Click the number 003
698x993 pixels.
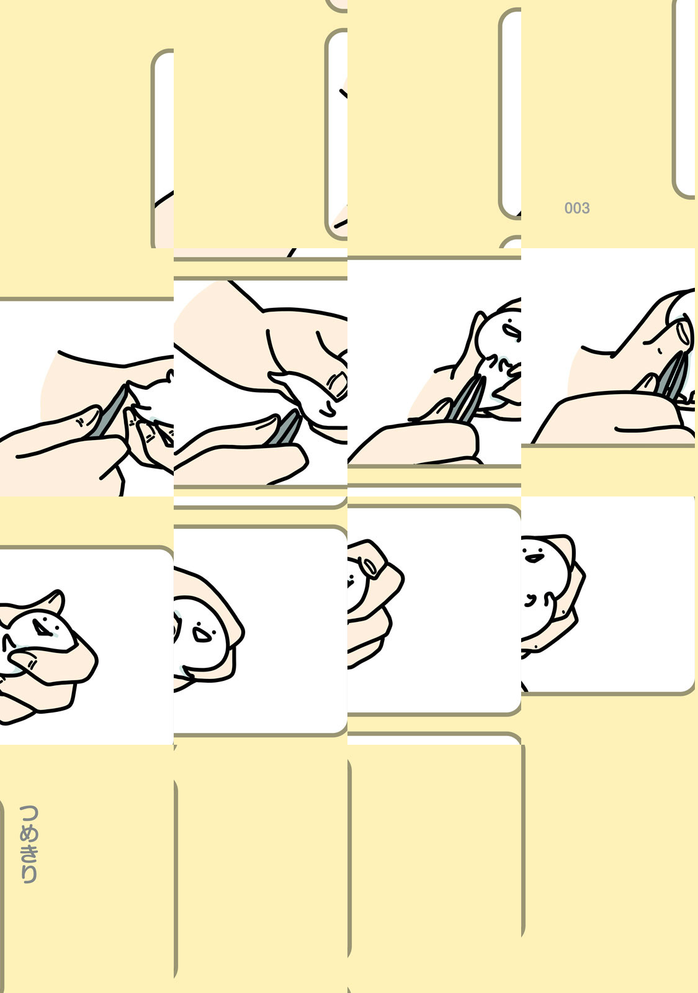576,208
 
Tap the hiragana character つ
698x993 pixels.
29,814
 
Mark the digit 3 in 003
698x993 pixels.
586,208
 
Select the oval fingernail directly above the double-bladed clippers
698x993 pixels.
684,333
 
